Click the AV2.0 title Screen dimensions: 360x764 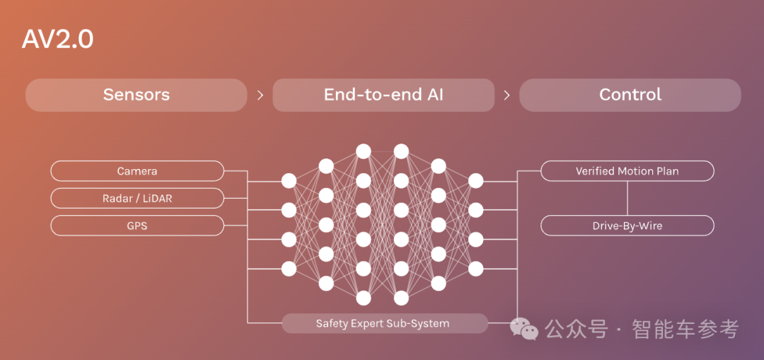[x=57, y=40]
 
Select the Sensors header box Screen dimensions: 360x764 [x=137, y=95]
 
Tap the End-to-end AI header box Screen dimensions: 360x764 [x=383, y=95]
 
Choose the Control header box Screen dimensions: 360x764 [x=630, y=95]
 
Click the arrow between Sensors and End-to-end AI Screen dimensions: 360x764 [x=260, y=95]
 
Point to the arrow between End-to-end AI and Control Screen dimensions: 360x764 [x=507, y=95]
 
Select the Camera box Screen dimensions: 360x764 [x=137, y=171]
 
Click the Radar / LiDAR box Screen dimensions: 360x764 [x=137, y=199]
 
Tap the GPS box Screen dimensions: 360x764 [x=137, y=226]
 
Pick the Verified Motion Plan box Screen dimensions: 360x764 [x=627, y=171]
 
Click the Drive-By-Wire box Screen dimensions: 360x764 [x=627, y=226]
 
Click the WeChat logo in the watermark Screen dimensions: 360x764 [x=524, y=329]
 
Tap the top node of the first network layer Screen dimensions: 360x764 [x=289, y=181]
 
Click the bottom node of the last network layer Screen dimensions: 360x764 [x=476, y=269]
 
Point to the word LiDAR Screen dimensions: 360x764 [x=157, y=199]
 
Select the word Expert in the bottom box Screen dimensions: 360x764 [x=368, y=324]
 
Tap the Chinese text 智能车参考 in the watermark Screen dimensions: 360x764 [x=685, y=329]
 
